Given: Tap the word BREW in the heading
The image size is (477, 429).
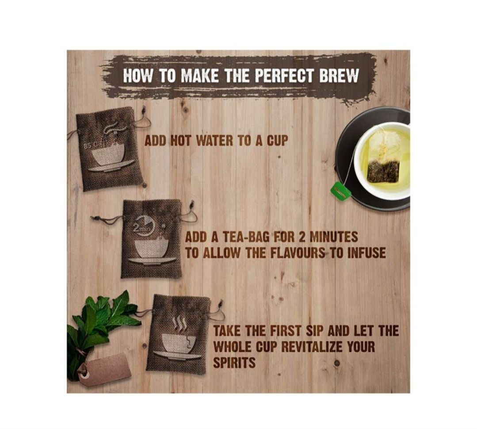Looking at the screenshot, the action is point(338,76).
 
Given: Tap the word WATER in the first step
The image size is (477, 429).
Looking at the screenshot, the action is point(214,141).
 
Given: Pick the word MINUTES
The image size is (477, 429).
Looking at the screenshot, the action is point(333,237).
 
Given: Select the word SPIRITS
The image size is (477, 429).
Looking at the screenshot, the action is point(234,363).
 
